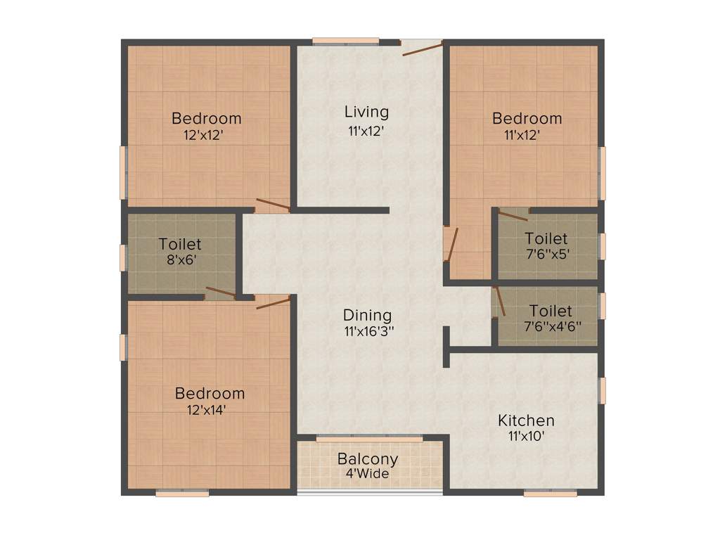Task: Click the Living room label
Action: click(366, 112)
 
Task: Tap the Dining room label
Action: click(367, 316)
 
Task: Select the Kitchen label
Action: click(526, 420)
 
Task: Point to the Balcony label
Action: click(368, 459)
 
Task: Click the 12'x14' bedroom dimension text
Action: click(210, 409)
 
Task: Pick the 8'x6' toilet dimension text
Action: click(179, 259)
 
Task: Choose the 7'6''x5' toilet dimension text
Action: click(546, 254)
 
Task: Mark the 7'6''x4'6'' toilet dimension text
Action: click(551, 326)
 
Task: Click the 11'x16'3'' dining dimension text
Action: click(368, 331)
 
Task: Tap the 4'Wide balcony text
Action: click(368, 474)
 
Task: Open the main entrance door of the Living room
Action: click(422, 48)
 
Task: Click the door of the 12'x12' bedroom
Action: click(273, 205)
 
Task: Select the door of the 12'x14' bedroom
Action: click(274, 302)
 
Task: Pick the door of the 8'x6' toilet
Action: click(220, 292)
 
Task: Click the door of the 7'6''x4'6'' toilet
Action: click(499, 301)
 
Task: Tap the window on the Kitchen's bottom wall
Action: click(551, 494)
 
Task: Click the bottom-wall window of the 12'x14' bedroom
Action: click(182, 494)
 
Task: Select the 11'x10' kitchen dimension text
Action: click(526, 436)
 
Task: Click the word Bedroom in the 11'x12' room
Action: click(527, 118)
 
